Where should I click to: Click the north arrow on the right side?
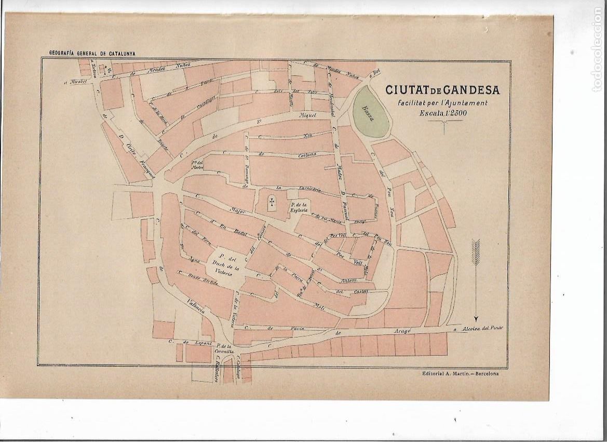pos(476,281)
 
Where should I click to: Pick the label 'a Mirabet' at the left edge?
pos(77,81)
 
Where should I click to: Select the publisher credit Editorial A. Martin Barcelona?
pos(457,373)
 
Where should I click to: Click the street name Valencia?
pos(197,307)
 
